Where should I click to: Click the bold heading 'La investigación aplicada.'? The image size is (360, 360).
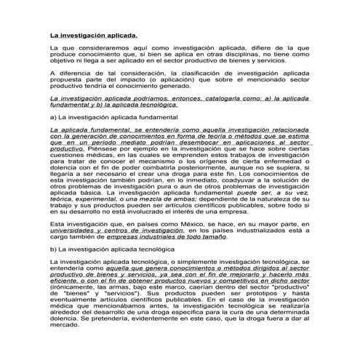93,34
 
